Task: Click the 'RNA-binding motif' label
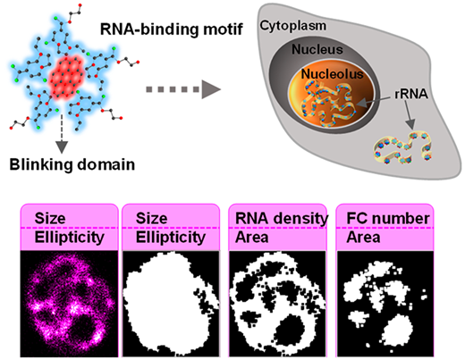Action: click(x=172, y=29)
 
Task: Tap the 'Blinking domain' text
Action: click(x=72, y=164)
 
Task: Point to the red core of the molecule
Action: click(x=67, y=77)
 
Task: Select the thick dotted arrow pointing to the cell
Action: click(x=183, y=89)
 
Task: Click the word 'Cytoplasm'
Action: click(x=293, y=26)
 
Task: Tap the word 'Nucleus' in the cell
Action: click(x=317, y=49)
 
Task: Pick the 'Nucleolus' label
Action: click(x=332, y=74)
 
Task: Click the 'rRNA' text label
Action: click(x=411, y=94)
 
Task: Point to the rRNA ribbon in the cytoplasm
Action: click(x=402, y=148)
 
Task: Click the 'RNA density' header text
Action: click(x=282, y=218)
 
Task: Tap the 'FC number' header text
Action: click(x=388, y=218)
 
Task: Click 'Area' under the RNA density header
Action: click(x=252, y=238)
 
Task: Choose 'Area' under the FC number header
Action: click(x=363, y=238)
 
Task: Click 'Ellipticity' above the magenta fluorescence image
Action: click(x=70, y=238)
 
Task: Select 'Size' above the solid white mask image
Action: click(x=151, y=218)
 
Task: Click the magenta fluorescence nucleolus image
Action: click(x=69, y=304)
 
